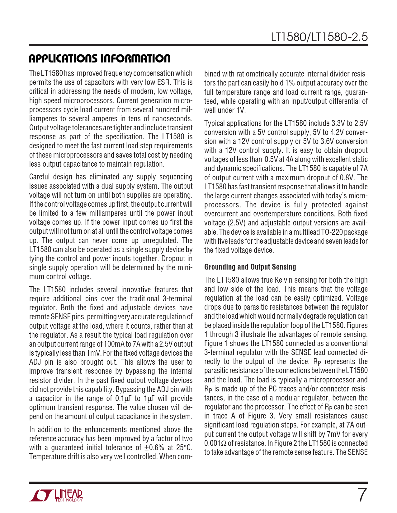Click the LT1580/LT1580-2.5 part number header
[319, 37]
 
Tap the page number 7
[361, 495]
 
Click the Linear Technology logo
[56, 495]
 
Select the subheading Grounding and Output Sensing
[250, 267]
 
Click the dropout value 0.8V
[345, 178]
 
